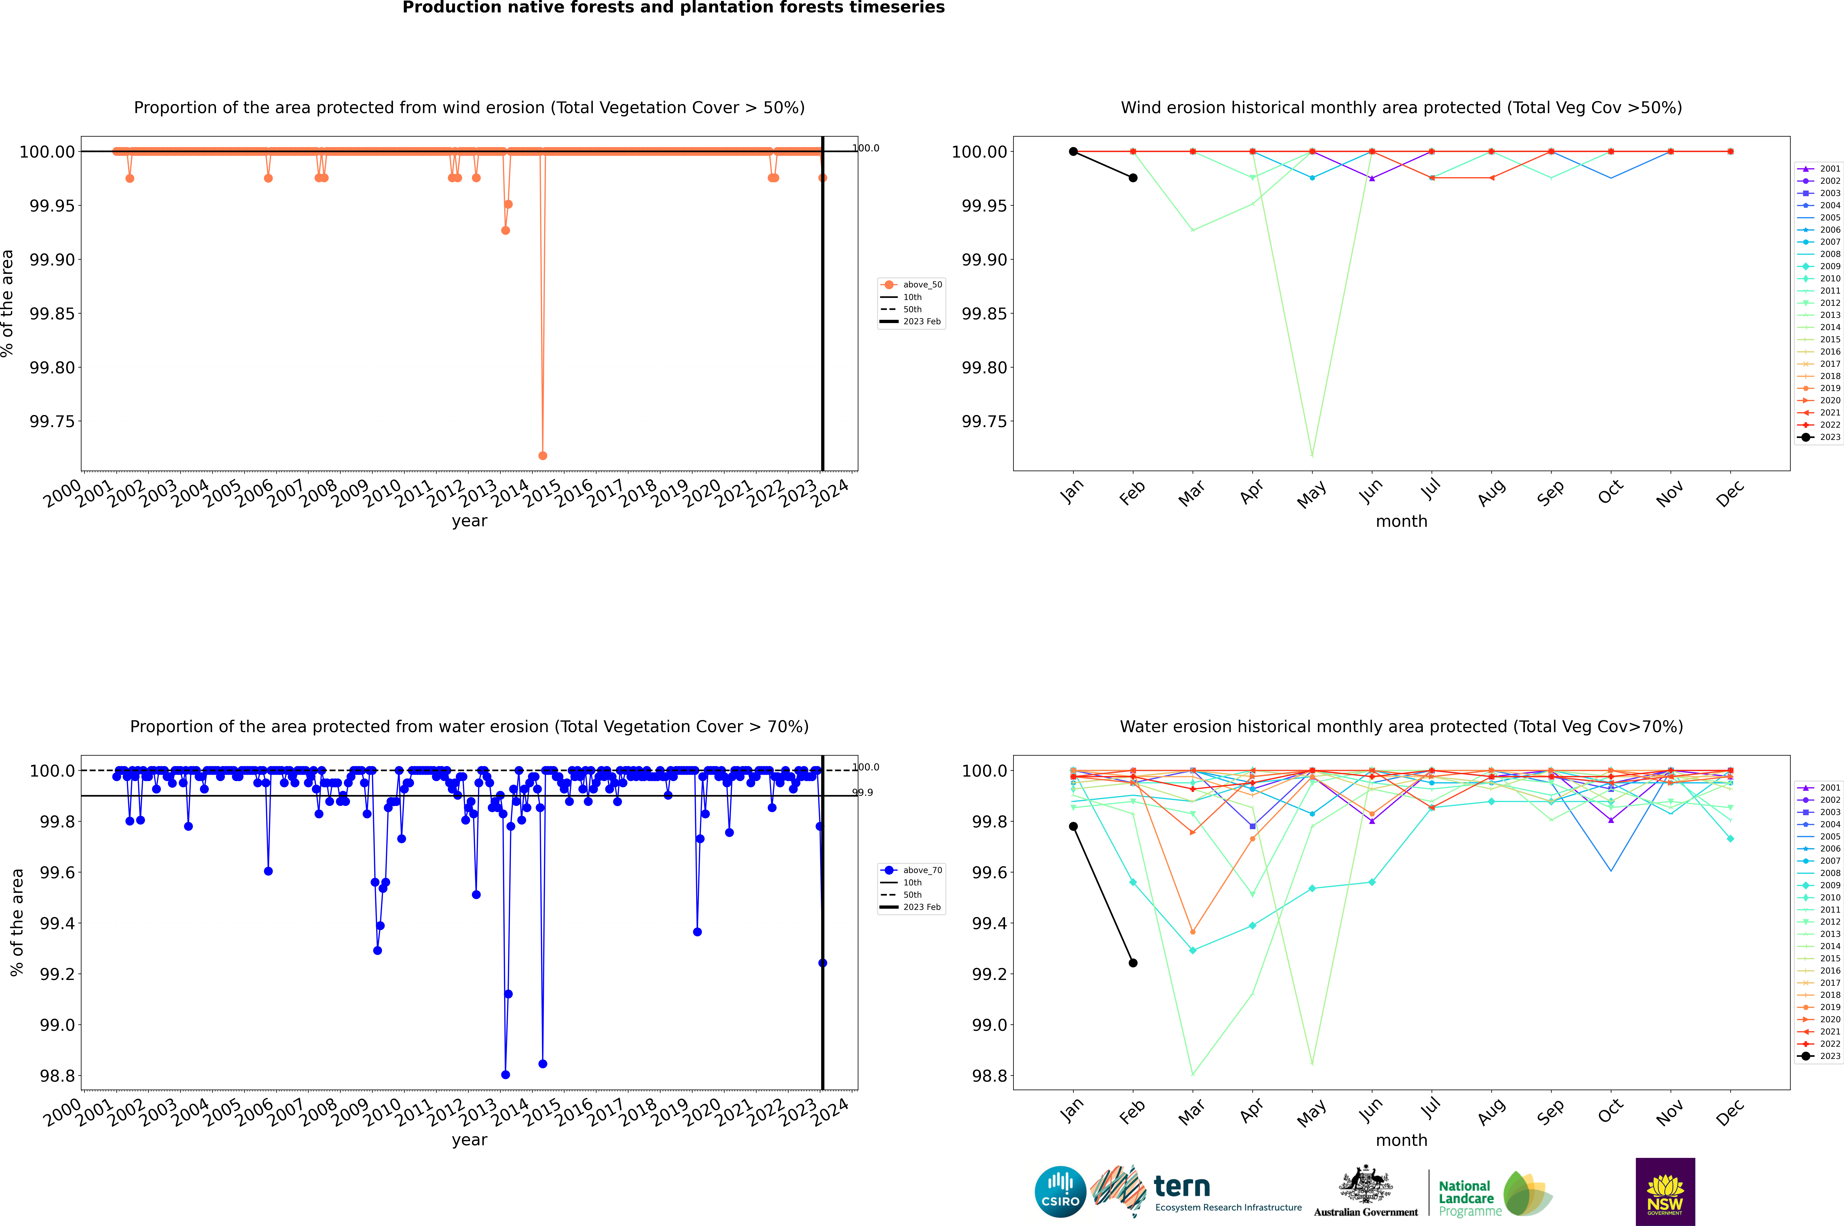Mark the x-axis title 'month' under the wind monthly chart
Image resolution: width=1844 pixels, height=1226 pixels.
1401,522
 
